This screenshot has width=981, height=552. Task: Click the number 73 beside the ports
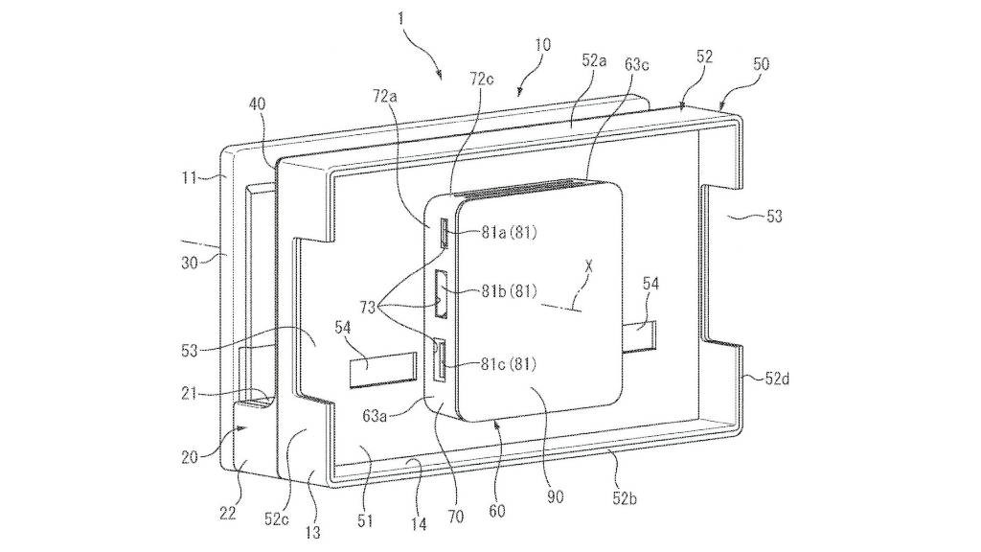pos(369,308)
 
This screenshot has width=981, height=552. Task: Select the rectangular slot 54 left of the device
pos(383,370)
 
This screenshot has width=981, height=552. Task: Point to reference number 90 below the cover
pos(555,497)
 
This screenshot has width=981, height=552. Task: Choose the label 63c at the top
pos(636,64)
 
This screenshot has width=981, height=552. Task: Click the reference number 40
pos(258,103)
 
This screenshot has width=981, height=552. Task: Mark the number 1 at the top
pos(401,19)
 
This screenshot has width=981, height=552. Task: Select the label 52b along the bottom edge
pos(625,498)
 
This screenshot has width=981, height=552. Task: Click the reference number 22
pos(227,514)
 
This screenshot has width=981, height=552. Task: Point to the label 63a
pos(374,415)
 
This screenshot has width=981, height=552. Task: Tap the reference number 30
pos(190,263)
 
